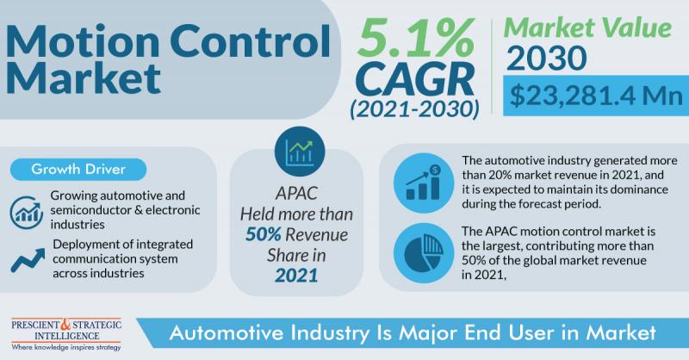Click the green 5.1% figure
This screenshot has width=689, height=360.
(x=416, y=39)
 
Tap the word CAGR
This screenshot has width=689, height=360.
(x=415, y=80)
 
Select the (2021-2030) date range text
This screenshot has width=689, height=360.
(x=415, y=109)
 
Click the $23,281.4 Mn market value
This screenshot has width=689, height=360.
(x=596, y=96)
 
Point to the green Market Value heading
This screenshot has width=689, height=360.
(x=588, y=28)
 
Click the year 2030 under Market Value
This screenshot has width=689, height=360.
(x=546, y=58)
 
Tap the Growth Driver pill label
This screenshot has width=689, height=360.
(x=78, y=169)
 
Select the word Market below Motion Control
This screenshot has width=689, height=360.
(x=84, y=78)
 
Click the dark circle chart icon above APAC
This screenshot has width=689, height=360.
(x=300, y=152)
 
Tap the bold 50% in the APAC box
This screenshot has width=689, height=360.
(x=264, y=235)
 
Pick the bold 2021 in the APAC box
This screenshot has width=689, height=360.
(x=296, y=276)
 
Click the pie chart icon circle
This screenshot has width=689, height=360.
(x=424, y=253)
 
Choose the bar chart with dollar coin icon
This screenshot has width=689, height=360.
(x=424, y=183)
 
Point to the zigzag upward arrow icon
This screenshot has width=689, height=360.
(x=28, y=260)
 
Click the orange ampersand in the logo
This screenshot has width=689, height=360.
(x=65, y=325)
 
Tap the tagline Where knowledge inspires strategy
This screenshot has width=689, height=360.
(x=66, y=348)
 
